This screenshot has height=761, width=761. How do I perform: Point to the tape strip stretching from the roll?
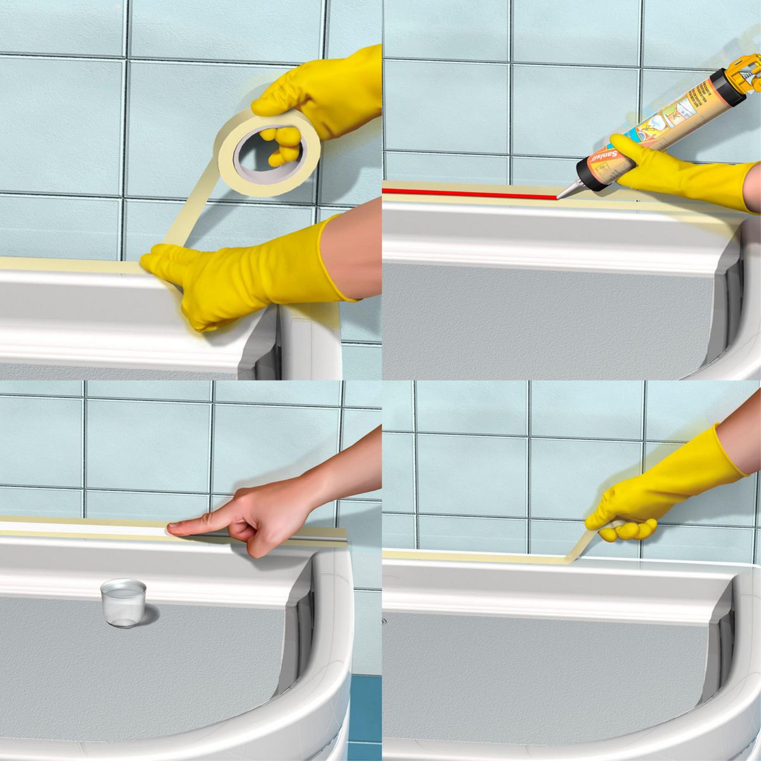190,209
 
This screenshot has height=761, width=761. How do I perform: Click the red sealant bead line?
469,192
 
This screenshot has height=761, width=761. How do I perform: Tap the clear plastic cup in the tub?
123,602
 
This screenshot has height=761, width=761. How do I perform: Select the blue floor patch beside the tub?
365,717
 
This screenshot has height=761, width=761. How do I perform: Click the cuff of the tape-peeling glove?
729,450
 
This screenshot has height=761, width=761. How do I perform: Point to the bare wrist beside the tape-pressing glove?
355,254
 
